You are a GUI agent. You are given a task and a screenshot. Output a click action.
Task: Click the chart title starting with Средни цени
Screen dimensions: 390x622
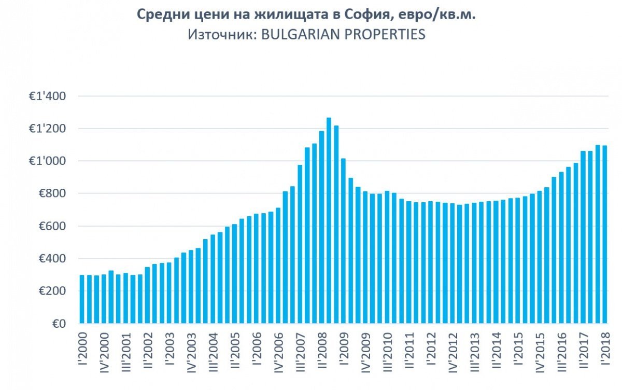click(x=306, y=15)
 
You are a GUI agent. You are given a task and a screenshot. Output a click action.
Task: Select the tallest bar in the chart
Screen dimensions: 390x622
click(x=329, y=220)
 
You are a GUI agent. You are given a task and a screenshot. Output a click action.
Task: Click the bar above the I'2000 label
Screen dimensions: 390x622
click(x=82, y=299)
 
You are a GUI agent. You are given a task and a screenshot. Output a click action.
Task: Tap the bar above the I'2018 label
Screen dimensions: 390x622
click(x=605, y=234)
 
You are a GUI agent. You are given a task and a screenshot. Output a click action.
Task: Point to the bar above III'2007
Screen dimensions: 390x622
click(x=300, y=244)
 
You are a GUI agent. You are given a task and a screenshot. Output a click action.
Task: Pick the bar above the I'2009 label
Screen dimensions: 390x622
click(x=343, y=241)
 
